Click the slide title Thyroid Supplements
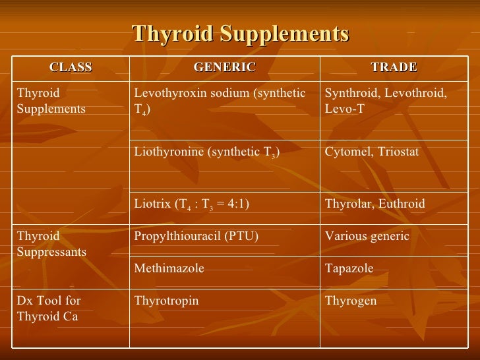pyautogui.click(x=240, y=34)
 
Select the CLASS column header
pyautogui.click(x=71, y=67)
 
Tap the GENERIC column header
pyautogui.click(x=224, y=67)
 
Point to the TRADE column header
pyautogui.click(x=394, y=67)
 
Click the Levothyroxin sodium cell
pyautogui.click(x=220, y=101)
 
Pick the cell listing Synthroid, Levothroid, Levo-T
pyautogui.click(x=386, y=101)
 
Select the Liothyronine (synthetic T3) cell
pyautogui.click(x=207, y=153)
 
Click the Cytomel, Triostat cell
pyautogui.click(x=372, y=152)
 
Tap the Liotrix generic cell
pyautogui.click(x=191, y=204)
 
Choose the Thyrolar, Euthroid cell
pyautogui.click(x=375, y=204)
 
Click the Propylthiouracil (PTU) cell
pyautogui.click(x=196, y=236)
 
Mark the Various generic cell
pyautogui.click(x=367, y=236)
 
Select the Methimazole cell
pyautogui.click(x=169, y=268)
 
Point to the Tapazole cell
pyautogui.click(x=349, y=268)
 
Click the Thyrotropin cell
pyautogui.click(x=166, y=301)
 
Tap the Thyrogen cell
pyautogui.click(x=351, y=301)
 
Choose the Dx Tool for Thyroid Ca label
pyautogui.click(x=47, y=308)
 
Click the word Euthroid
pyautogui.click(x=401, y=204)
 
